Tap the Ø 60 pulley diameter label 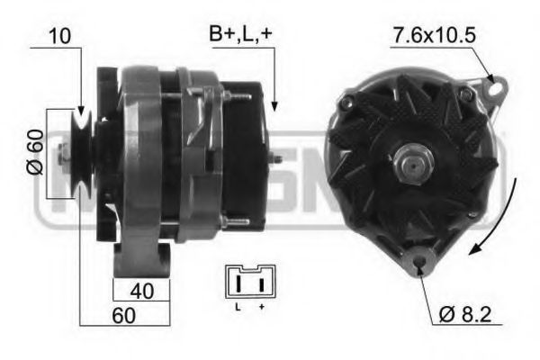click(33, 153)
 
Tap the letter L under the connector click(238, 309)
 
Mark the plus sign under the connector click(261, 309)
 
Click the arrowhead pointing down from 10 click(81, 106)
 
